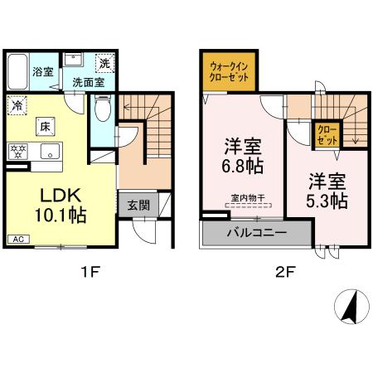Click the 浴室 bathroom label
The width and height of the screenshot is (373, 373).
point(42,72)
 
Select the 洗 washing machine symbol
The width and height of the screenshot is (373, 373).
point(105,63)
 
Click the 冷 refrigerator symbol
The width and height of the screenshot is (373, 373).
point(16,105)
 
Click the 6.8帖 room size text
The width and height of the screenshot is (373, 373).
point(243,167)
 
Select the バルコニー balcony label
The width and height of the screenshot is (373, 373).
point(256,232)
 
